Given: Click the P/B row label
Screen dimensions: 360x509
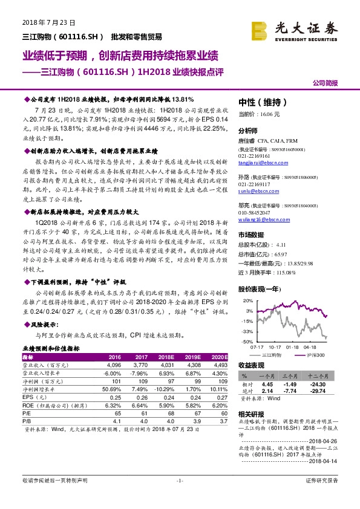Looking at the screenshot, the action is coord(27,420).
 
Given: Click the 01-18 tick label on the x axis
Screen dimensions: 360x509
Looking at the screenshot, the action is coord(293,348).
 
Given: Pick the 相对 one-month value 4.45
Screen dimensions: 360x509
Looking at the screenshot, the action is coord(267,384).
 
